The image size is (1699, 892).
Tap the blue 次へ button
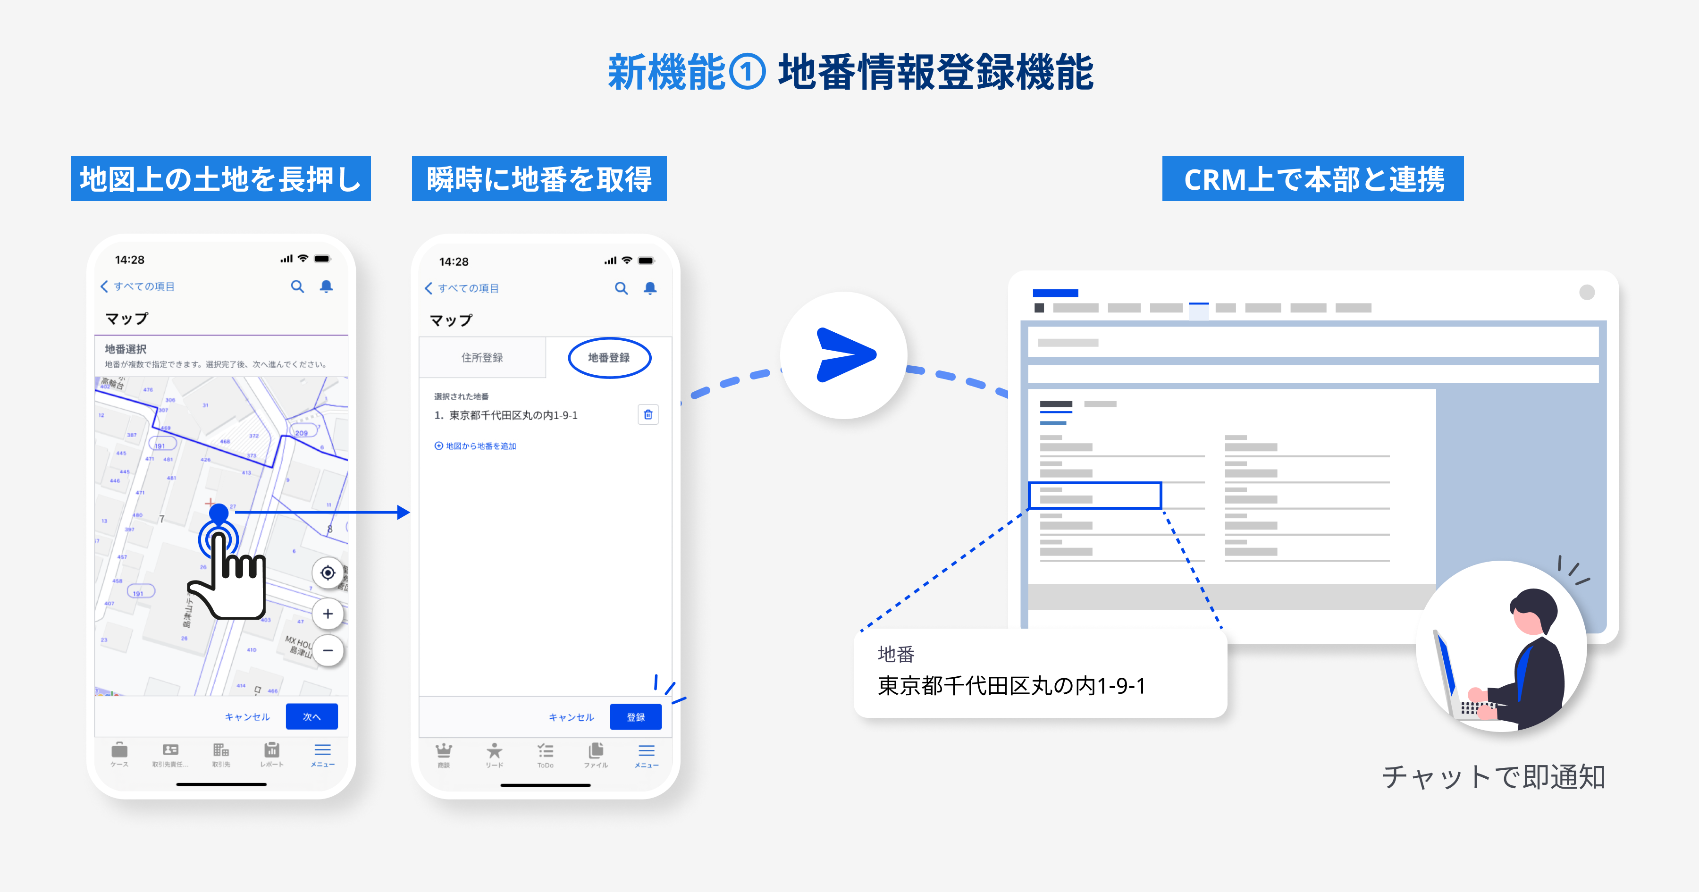(x=311, y=716)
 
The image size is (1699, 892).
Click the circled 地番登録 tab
(x=609, y=358)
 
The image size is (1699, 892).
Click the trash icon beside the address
(x=648, y=414)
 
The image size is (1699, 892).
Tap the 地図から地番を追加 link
(x=476, y=446)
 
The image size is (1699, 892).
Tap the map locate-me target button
(x=328, y=572)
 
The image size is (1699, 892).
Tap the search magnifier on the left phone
(x=297, y=286)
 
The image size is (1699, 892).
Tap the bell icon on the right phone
(x=650, y=288)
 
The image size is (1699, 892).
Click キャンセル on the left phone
(x=247, y=716)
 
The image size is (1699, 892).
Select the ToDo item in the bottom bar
(x=545, y=755)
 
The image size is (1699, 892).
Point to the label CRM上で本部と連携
(x=1312, y=179)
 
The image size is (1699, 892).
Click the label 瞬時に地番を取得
(x=539, y=179)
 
